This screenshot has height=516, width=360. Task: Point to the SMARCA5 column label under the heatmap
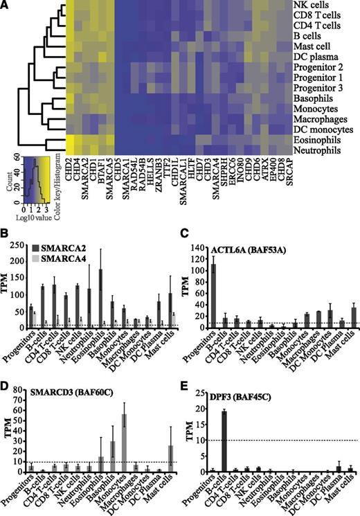(109, 178)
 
